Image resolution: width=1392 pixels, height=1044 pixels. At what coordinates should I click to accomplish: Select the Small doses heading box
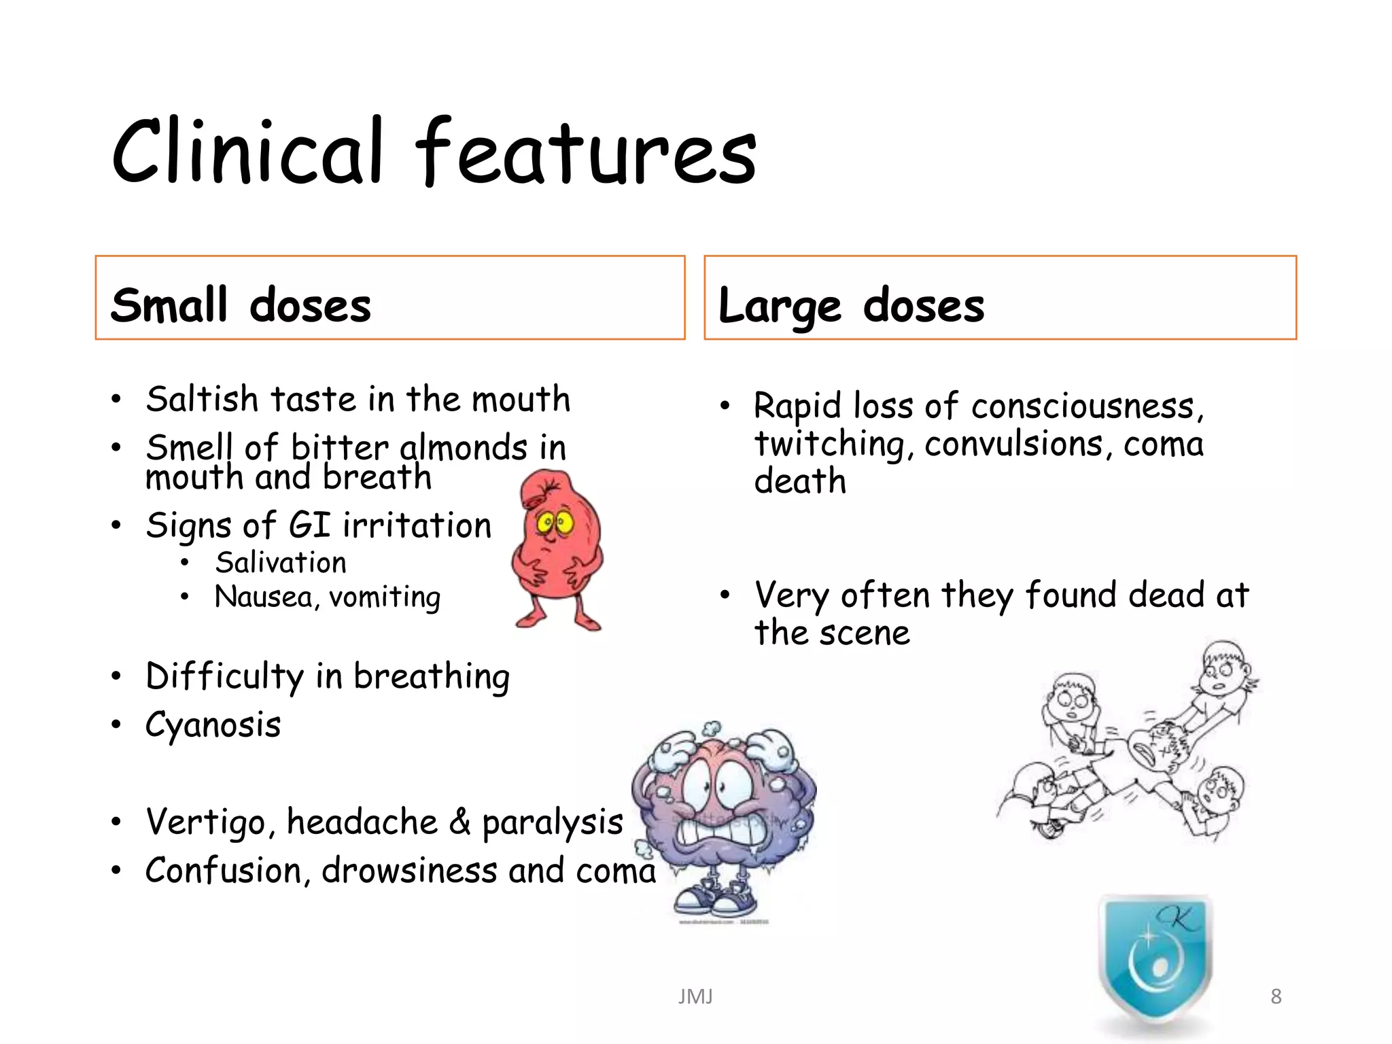(x=389, y=298)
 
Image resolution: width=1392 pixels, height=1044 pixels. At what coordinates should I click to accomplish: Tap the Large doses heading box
(x=1000, y=298)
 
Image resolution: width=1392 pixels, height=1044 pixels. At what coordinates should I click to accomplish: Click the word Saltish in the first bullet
(x=202, y=399)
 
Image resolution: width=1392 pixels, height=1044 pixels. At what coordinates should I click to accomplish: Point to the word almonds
(x=464, y=448)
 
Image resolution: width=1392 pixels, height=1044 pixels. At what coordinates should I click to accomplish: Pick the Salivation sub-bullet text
(x=281, y=563)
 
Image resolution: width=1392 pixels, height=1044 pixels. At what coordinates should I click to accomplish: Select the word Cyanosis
(x=213, y=725)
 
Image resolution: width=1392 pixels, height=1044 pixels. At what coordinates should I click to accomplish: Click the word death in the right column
(x=800, y=481)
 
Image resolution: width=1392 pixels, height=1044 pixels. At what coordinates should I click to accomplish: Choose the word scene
(x=864, y=633)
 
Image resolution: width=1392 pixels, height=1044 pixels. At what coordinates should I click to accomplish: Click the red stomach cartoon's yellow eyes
(x=555, y=523)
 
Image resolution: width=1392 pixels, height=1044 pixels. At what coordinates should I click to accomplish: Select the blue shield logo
(x=1155, y=958)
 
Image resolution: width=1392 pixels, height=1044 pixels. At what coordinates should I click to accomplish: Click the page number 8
(x=1276, y=996)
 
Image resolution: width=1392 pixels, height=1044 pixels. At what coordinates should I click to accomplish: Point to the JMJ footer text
(x=695, y=996)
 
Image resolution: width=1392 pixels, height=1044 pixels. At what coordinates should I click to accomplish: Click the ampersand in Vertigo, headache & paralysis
(x=459, y=822)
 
